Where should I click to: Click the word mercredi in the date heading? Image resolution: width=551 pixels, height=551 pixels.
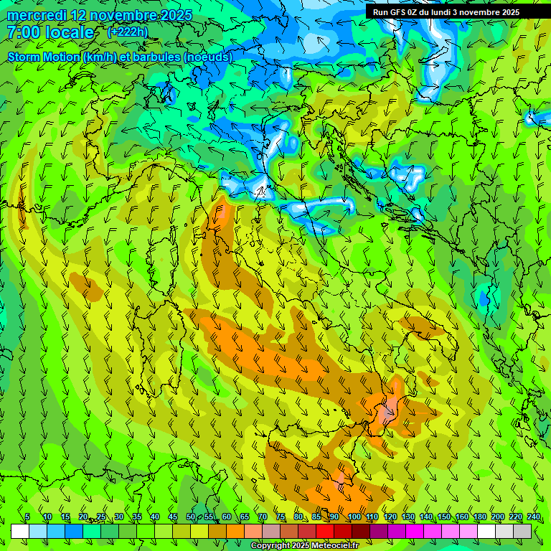[x=39, y=15]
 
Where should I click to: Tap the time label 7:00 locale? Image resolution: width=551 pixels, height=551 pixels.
[x=50, y=32]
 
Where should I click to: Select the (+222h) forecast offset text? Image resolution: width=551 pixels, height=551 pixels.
[x=128, y=32]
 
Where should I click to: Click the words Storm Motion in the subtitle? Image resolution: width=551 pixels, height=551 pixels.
[x=43, y=57]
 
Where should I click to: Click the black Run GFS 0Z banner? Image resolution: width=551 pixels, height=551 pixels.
[x=451, y=11]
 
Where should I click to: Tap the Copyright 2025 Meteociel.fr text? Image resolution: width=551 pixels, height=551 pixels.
[x=305, y=546]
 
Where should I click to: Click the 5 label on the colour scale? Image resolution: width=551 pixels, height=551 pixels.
[x=27, y=517]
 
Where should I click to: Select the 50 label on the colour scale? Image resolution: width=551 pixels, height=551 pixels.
[x=191, y=517]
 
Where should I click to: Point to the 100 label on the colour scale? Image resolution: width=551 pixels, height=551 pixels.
[x=354, y=517]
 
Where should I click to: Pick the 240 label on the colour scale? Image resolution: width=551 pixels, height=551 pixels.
[x=533, y=517]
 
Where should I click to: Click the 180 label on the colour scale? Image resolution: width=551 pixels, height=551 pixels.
[x=479, y=517]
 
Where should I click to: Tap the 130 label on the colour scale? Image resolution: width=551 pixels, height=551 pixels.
[x=408, y=517]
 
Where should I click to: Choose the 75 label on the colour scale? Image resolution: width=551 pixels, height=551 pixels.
[x=281, y=517]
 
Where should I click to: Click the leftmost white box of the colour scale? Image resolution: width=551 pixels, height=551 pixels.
[x=20, y=531]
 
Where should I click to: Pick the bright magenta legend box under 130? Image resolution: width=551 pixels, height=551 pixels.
[x=415, y=531]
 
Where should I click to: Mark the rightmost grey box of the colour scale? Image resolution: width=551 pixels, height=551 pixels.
[x=522, y=531]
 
